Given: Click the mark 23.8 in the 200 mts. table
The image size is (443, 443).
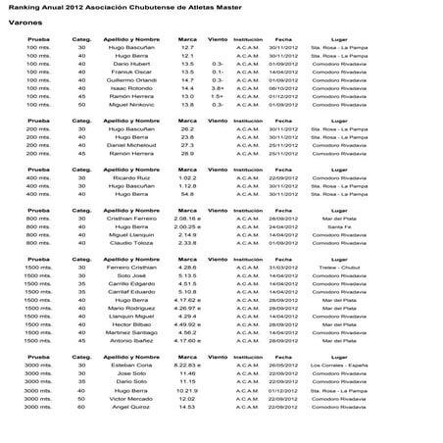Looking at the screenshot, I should (x=187, y=137).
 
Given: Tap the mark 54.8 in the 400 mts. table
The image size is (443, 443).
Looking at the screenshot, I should (x=187, y=194).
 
